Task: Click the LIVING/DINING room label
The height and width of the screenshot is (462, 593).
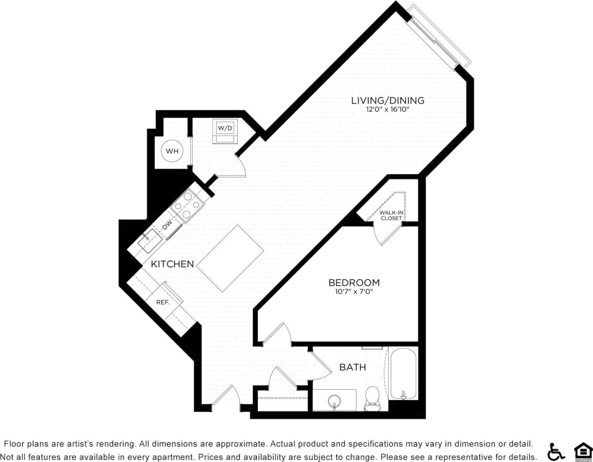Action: [387, 100]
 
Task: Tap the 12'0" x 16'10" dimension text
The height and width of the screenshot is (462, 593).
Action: [387, 110]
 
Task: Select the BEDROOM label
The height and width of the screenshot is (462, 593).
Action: [354, 282]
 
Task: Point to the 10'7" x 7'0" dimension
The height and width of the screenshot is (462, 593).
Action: [354, 292]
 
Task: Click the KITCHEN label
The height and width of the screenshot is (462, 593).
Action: [172, 264]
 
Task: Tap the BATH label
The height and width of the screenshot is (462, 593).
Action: [353, 367]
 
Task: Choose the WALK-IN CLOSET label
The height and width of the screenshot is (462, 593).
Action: [391, 215]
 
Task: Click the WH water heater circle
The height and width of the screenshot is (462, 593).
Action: [172, 151]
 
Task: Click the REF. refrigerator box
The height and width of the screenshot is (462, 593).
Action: [163, 302]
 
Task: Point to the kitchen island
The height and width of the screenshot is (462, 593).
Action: [231, 258]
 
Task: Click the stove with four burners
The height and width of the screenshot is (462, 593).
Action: [188, 205]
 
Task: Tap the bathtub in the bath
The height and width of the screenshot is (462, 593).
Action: [403, 374]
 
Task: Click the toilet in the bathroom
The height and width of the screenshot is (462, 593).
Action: [372, 400]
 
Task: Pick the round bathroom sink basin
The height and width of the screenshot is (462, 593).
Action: [334, 401]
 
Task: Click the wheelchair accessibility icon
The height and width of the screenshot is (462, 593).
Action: [556, 451]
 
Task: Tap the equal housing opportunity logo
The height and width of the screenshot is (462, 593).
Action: [582, 451]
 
